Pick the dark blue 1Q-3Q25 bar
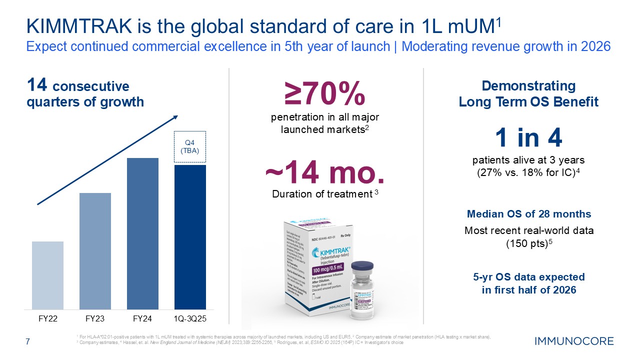point(190,237)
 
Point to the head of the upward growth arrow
point(175,117)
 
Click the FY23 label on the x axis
point(95,318)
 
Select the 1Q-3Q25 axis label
point(190,318)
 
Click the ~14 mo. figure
point(325,173)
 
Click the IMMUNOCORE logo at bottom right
point(574,342)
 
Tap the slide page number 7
point(28,342)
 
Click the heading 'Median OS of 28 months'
point(528,214)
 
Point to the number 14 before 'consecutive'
point(37,85)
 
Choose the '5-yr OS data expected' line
point(528,277)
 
